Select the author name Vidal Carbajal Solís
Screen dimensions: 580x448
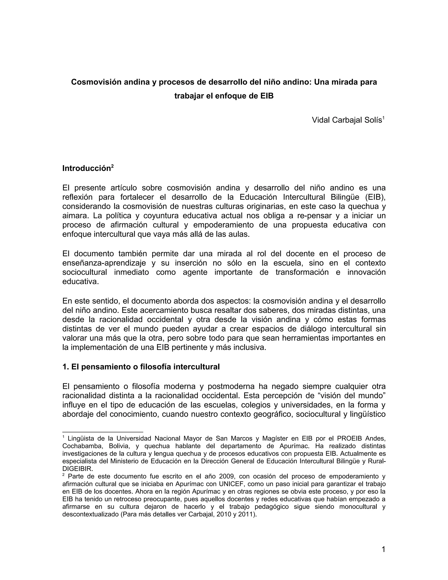(347, 120)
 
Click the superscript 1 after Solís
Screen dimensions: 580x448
(383, 117)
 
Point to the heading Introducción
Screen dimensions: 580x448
(86, 168)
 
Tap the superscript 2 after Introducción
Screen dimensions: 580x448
(112, 166)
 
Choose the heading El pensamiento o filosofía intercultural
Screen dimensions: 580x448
(141, 367)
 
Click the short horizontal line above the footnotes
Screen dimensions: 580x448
(103, 432)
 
